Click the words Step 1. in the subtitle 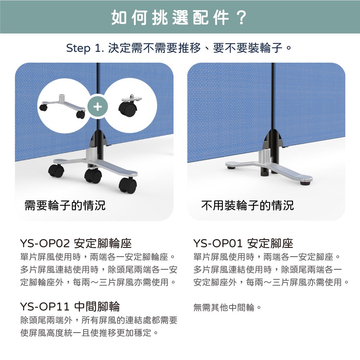point(85,48)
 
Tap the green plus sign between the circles point(98,107)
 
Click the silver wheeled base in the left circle point(62,106)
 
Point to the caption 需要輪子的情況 point(65,205)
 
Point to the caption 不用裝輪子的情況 point(248,205)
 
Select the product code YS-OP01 point(218,243)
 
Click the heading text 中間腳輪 point(97,306)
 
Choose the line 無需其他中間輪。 point(227,307)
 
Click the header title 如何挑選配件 point(170,17)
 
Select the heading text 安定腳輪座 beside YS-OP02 point(103,243)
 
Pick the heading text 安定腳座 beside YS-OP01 point(270,243)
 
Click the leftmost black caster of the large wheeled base point(56,171)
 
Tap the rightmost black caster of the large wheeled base point(128,185)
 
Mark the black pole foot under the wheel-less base point(265,172)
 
